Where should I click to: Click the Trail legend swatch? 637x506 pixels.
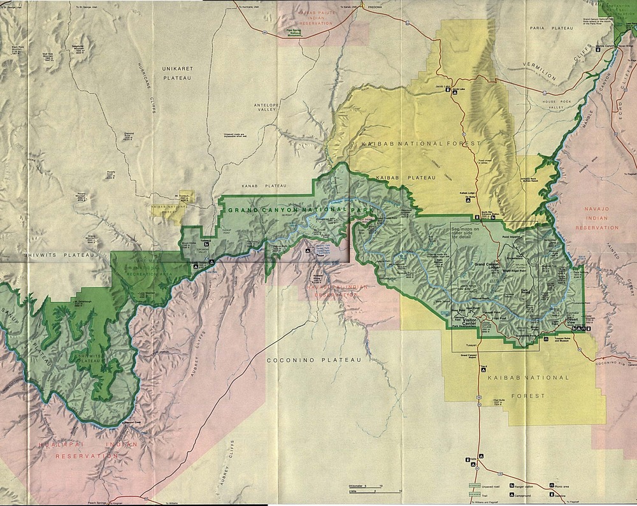click(x=476, y=495)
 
